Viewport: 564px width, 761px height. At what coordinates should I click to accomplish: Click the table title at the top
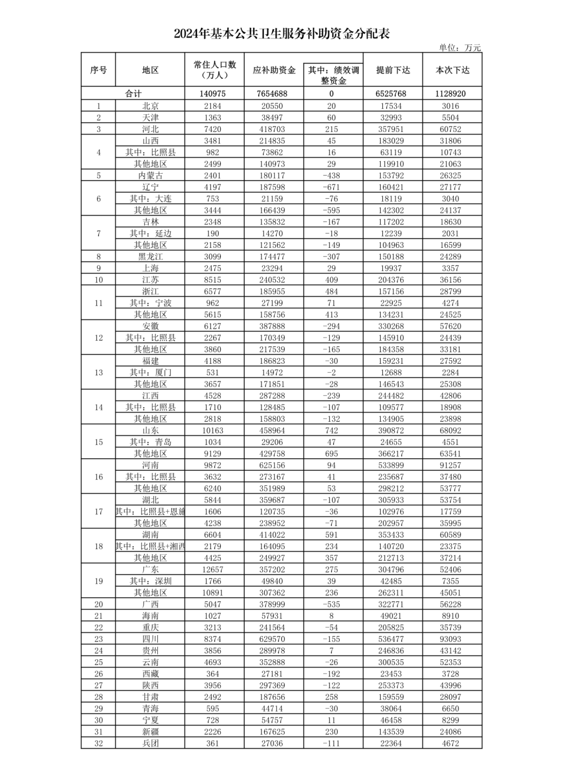point(282,34)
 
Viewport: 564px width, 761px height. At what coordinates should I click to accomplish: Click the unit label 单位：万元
point(460,48)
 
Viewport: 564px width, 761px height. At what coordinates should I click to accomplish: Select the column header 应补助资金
point(274,70)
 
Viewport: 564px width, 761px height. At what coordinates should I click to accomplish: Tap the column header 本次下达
point(452,70)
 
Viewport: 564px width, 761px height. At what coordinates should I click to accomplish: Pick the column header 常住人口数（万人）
point(215,70)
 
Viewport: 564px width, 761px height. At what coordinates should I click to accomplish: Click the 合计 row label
point(133,94)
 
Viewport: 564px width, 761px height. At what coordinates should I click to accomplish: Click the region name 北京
point(150,106)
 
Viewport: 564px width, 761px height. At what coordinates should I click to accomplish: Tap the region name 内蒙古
point(150,175)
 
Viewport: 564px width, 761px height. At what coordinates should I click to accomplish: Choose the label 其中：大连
point(150,198)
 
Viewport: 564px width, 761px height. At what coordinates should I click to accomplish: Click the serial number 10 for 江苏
point(99,280)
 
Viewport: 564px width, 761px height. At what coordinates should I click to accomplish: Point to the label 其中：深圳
point(150,581)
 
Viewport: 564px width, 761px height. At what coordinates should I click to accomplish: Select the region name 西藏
point(150,674)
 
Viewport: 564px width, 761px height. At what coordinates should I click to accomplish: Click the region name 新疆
point(150,732)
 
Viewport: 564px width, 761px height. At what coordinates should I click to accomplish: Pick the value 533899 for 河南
point(393,465)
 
